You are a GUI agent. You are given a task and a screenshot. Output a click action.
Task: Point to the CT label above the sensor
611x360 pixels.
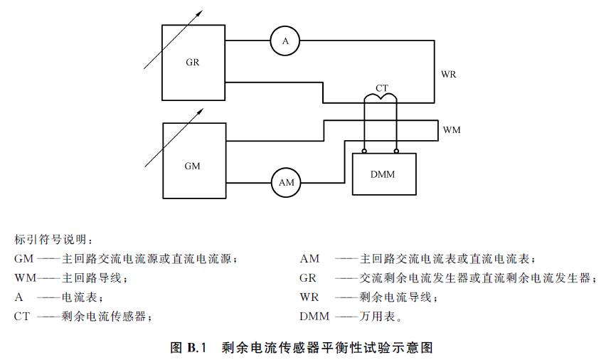(x=382, y=88)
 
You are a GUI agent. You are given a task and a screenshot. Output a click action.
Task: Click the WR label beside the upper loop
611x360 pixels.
(x=449, y=74)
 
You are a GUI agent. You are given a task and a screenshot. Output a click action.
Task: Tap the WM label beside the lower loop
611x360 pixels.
(x=452, y=129)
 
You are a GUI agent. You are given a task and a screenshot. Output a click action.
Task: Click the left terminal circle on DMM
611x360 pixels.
(x=364, y=151)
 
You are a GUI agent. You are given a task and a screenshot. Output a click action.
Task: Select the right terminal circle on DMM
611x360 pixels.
(x=396, y=151)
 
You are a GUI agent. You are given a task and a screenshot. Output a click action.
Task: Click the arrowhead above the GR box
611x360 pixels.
(x=199, y=14)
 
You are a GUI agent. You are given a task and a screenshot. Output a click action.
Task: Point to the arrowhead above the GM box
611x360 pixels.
(x=201, y=112)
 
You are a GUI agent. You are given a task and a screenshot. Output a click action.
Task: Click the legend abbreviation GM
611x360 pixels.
(x=23, y=259)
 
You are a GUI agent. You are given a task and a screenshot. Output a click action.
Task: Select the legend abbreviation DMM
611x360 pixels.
(x=314, y=317)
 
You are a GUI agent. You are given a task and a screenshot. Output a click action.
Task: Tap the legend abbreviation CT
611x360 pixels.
(x=22, y=317)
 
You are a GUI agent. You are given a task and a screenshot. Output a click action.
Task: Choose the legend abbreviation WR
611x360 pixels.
(x=309, y=297)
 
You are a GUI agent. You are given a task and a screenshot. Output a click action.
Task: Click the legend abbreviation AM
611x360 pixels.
(x=309, y=259)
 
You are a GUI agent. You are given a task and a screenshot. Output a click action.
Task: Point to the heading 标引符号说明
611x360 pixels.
(x=51, y=239)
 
